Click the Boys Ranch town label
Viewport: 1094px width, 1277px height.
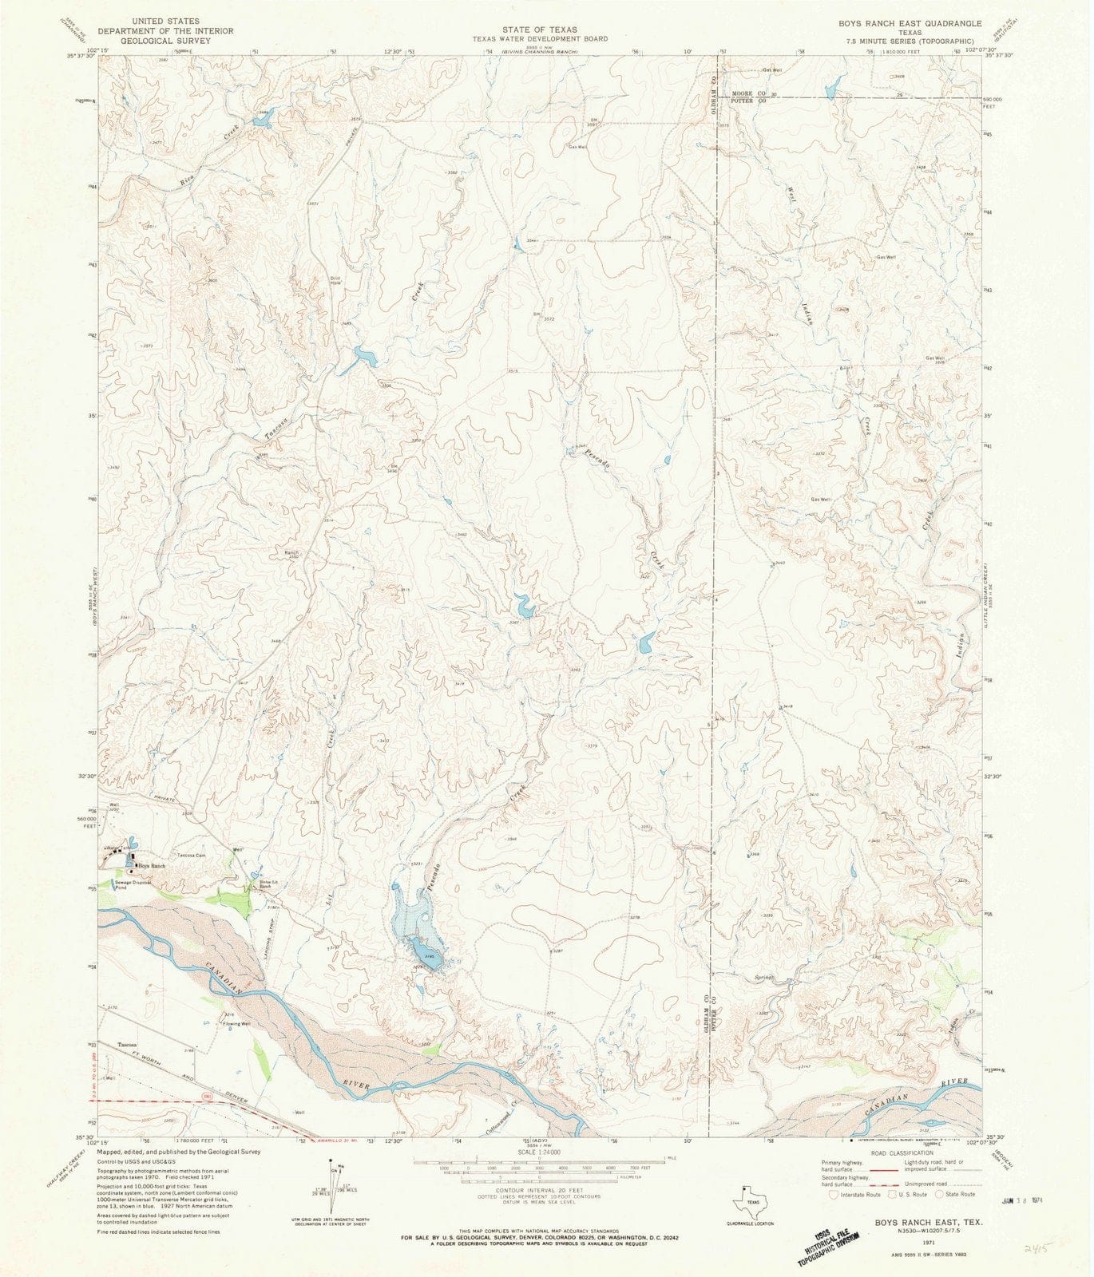[x=152, y=866]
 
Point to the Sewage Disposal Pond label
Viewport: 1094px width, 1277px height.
[x=132, y=884]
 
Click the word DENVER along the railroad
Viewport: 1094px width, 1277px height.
[x=237, y=1100]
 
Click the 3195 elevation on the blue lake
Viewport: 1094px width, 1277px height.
[x=429, y=955]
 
